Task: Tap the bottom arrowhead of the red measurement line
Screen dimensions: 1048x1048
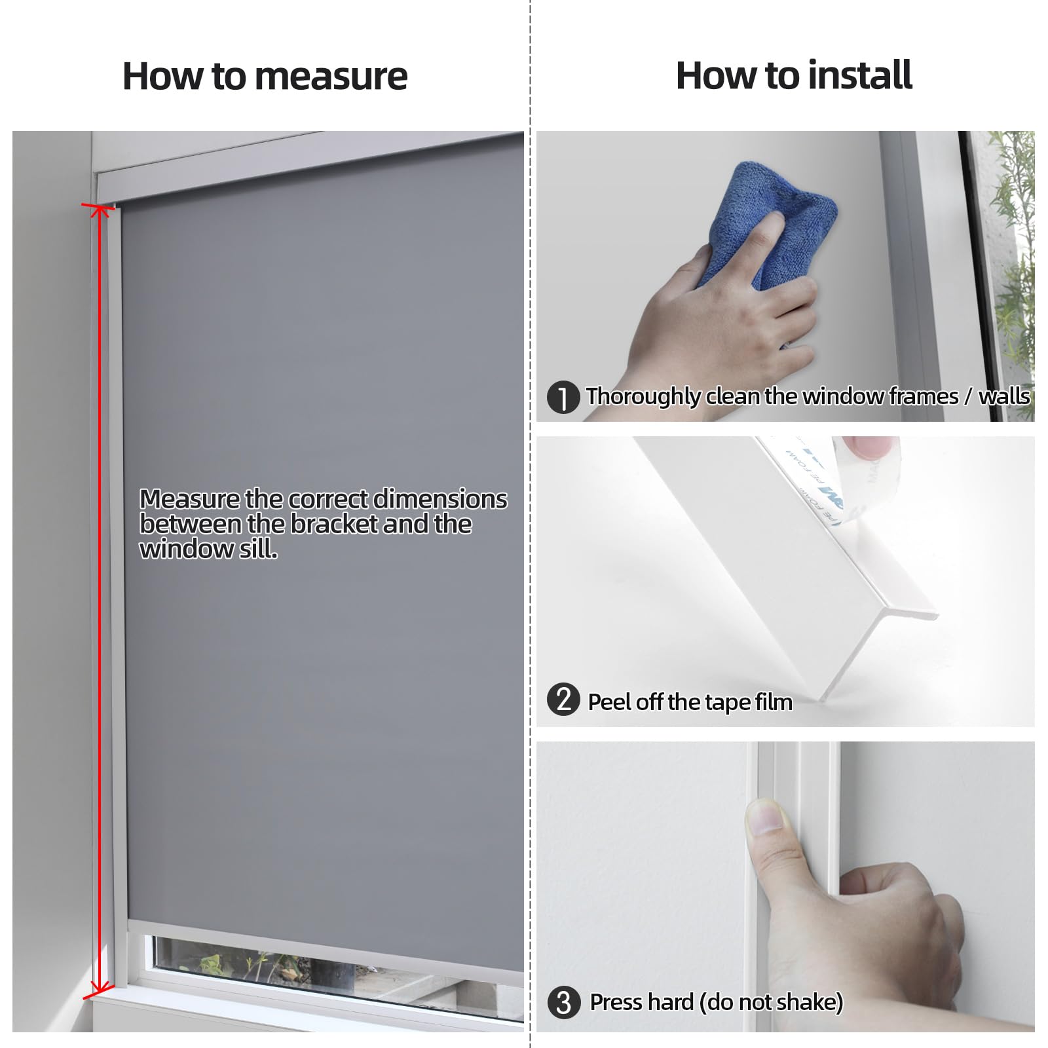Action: coord(99,991)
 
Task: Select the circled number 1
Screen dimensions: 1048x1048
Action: coord(563,398)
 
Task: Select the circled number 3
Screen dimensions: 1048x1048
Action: coord(563,1003)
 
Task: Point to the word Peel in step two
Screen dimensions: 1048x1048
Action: coord(609,702)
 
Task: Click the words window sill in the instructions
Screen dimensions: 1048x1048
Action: coord(208,549)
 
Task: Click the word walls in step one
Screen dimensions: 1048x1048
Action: coord(1003,397)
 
